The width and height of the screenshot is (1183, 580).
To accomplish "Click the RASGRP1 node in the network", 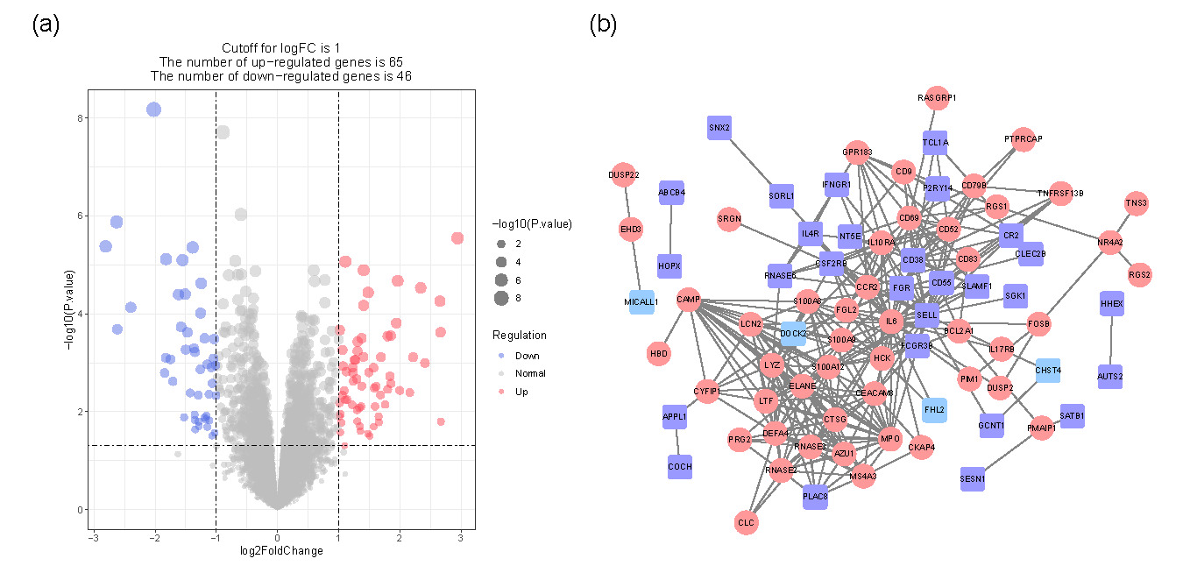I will (937, 98).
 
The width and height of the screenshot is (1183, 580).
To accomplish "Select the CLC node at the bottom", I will (747, 523).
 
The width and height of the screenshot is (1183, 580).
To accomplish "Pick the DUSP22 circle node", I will (622, 174).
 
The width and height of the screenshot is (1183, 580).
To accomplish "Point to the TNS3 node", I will (1137, 203).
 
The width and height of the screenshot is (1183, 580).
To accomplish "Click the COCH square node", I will (680, 467).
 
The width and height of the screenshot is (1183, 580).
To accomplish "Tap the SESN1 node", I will (973, 479).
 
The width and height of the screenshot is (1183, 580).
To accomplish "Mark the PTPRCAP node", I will (1024, 138).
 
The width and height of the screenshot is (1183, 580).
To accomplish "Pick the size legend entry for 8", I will (501, 299).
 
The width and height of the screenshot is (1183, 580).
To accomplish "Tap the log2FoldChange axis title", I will (280, 551).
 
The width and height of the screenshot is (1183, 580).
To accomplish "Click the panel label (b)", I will (604, 25).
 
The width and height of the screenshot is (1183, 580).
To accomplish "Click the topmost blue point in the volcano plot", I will (154, 109).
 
